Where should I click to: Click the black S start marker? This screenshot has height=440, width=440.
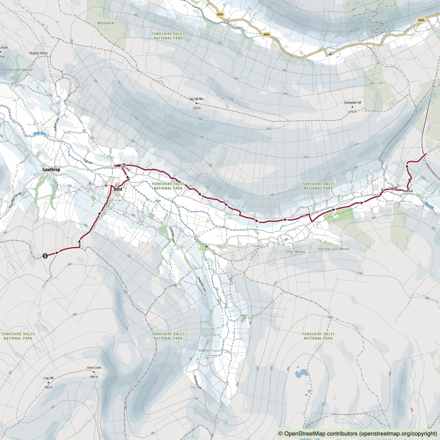point(46,257)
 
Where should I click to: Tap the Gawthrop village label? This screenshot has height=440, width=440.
point(51,170)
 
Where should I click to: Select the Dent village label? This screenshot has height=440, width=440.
point(118,189)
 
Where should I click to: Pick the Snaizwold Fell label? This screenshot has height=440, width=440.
point(352,103)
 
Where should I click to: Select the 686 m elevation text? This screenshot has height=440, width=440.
point(94,376)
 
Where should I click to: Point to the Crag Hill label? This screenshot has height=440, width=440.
point(48,378)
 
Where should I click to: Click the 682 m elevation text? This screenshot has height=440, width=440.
point(48,387)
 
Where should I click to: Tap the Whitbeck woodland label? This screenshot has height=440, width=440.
point(106,23)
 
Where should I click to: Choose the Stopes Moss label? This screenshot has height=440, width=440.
point(38,53)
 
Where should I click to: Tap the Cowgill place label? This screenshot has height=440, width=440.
point(392,188)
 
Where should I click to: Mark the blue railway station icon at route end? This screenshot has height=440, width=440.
point(424,160)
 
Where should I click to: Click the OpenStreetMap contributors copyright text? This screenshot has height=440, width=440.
point(358,434)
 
